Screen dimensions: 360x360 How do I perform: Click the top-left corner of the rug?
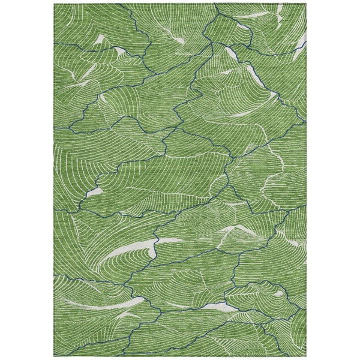tap(54, 4)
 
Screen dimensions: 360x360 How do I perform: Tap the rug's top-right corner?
tap(306, 4)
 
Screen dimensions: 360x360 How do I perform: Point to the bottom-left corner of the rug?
tap(54, 356)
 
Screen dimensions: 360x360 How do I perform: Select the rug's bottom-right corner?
tap(306, 356)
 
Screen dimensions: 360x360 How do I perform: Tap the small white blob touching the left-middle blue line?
tap(94, 193)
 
